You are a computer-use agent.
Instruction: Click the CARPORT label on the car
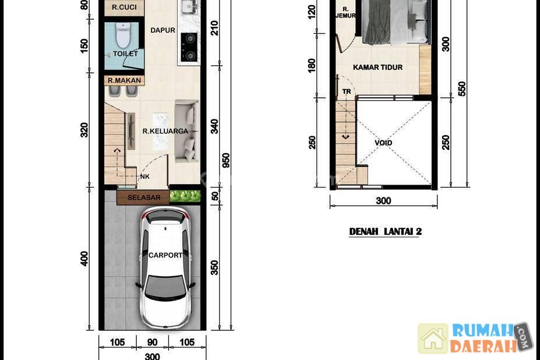pos(165,255)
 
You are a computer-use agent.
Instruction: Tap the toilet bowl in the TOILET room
pos(122,35)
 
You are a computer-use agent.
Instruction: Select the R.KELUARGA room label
pos(165,131)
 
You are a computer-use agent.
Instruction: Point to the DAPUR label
pos(163,30)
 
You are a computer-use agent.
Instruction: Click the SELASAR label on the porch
pos(144,197)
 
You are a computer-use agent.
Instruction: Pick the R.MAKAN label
pos(124,80)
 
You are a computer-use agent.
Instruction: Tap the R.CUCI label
pos(124,7)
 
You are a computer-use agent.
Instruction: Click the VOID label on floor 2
pos(383,143)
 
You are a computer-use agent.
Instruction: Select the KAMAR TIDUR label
pos(378,67)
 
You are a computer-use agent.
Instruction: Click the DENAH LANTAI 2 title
pos(386,231)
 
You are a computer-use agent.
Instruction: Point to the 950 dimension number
pos(226,161)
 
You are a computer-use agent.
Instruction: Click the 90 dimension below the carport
pos(152,342)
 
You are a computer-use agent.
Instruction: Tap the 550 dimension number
pos(462,89)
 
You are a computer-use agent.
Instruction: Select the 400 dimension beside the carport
pos(84,259)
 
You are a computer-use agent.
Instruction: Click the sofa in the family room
pos(186,131)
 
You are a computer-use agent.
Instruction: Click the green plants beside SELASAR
pos(185,196)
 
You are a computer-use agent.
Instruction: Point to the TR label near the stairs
pos(347,91)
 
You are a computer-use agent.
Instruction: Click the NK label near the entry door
pos(145,177)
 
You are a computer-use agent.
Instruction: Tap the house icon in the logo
pos(433,338)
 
